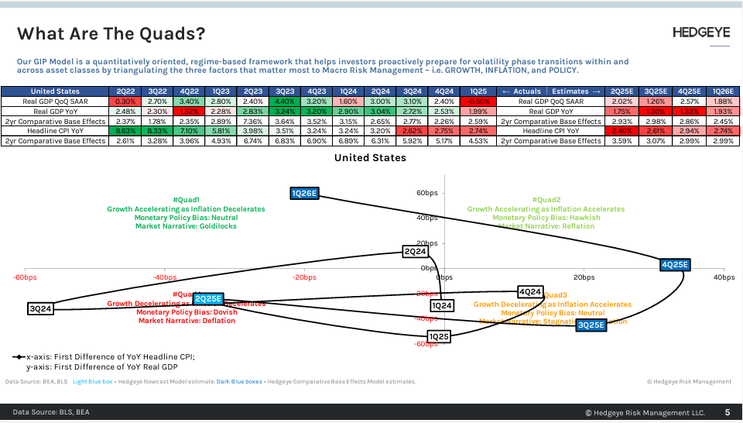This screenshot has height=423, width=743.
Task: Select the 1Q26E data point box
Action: [x=304, y=193]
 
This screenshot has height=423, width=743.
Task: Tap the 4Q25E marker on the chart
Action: [x=674, y=265]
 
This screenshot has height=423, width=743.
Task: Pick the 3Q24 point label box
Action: [x=40, y=309]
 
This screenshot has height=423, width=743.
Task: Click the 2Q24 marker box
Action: [x=416, y=251]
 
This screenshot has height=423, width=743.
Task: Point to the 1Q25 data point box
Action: [x=439, y=337]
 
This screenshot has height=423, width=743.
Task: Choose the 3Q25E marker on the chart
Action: [x=591, y=325]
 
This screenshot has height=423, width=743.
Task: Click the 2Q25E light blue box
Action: [x=208, y=298]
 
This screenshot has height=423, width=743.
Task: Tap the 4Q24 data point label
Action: [x=530, y=292]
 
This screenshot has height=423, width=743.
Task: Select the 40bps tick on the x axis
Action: [x=724, y=277]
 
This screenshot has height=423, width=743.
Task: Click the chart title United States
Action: [x=370, y=158]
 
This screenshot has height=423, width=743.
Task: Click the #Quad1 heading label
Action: [x=186, y=200]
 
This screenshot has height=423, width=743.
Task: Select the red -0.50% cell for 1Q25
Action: [x=478, y=101]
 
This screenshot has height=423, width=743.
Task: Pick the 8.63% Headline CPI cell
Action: [x=125, y=132]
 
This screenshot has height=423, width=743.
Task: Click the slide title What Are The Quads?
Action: [x=111, y=33]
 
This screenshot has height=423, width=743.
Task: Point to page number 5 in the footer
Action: [x=727, y=413]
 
